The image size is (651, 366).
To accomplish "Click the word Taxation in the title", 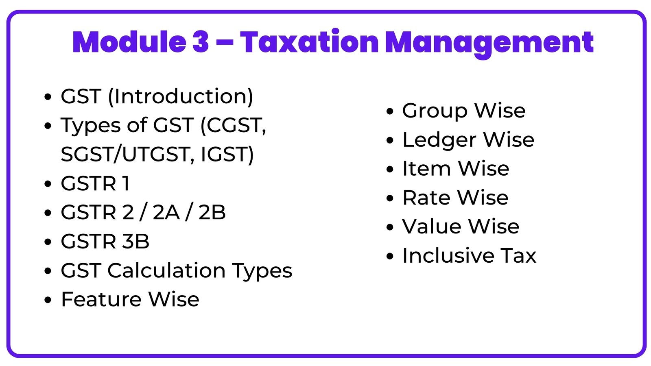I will point(309,42).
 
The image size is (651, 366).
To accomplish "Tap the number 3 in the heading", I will point(201,42).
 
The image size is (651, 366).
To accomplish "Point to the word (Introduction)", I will point(181,97).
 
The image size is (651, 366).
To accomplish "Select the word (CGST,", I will point(233,125).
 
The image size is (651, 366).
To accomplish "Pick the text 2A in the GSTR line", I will point(166,212).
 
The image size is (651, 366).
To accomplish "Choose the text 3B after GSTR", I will point(136,242).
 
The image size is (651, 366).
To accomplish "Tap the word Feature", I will point(101,300).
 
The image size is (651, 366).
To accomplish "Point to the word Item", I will point(426,169).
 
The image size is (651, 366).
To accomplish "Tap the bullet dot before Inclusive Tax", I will point(390,257).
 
